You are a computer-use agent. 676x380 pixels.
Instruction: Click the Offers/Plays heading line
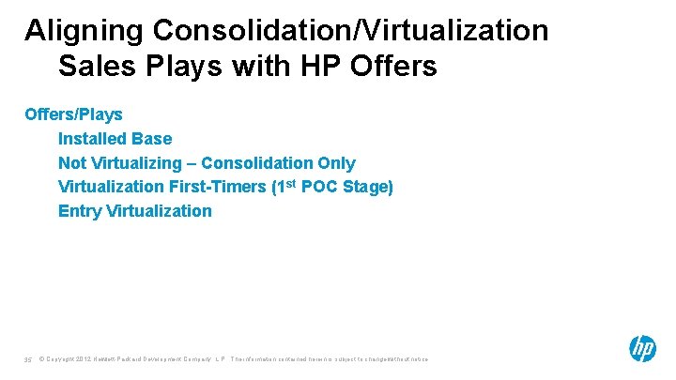[x=73, y=114]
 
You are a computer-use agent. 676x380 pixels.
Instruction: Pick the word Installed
[x=93, y=139]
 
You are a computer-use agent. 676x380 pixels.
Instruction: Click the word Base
[x=152, y=139]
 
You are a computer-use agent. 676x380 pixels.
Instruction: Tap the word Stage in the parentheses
[x=367, y=187]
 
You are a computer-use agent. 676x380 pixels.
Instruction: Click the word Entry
[x=80, y=211]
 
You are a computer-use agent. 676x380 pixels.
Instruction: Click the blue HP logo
[x=642, y=349]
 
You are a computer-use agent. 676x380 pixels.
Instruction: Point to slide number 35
[x=28, y=358]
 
